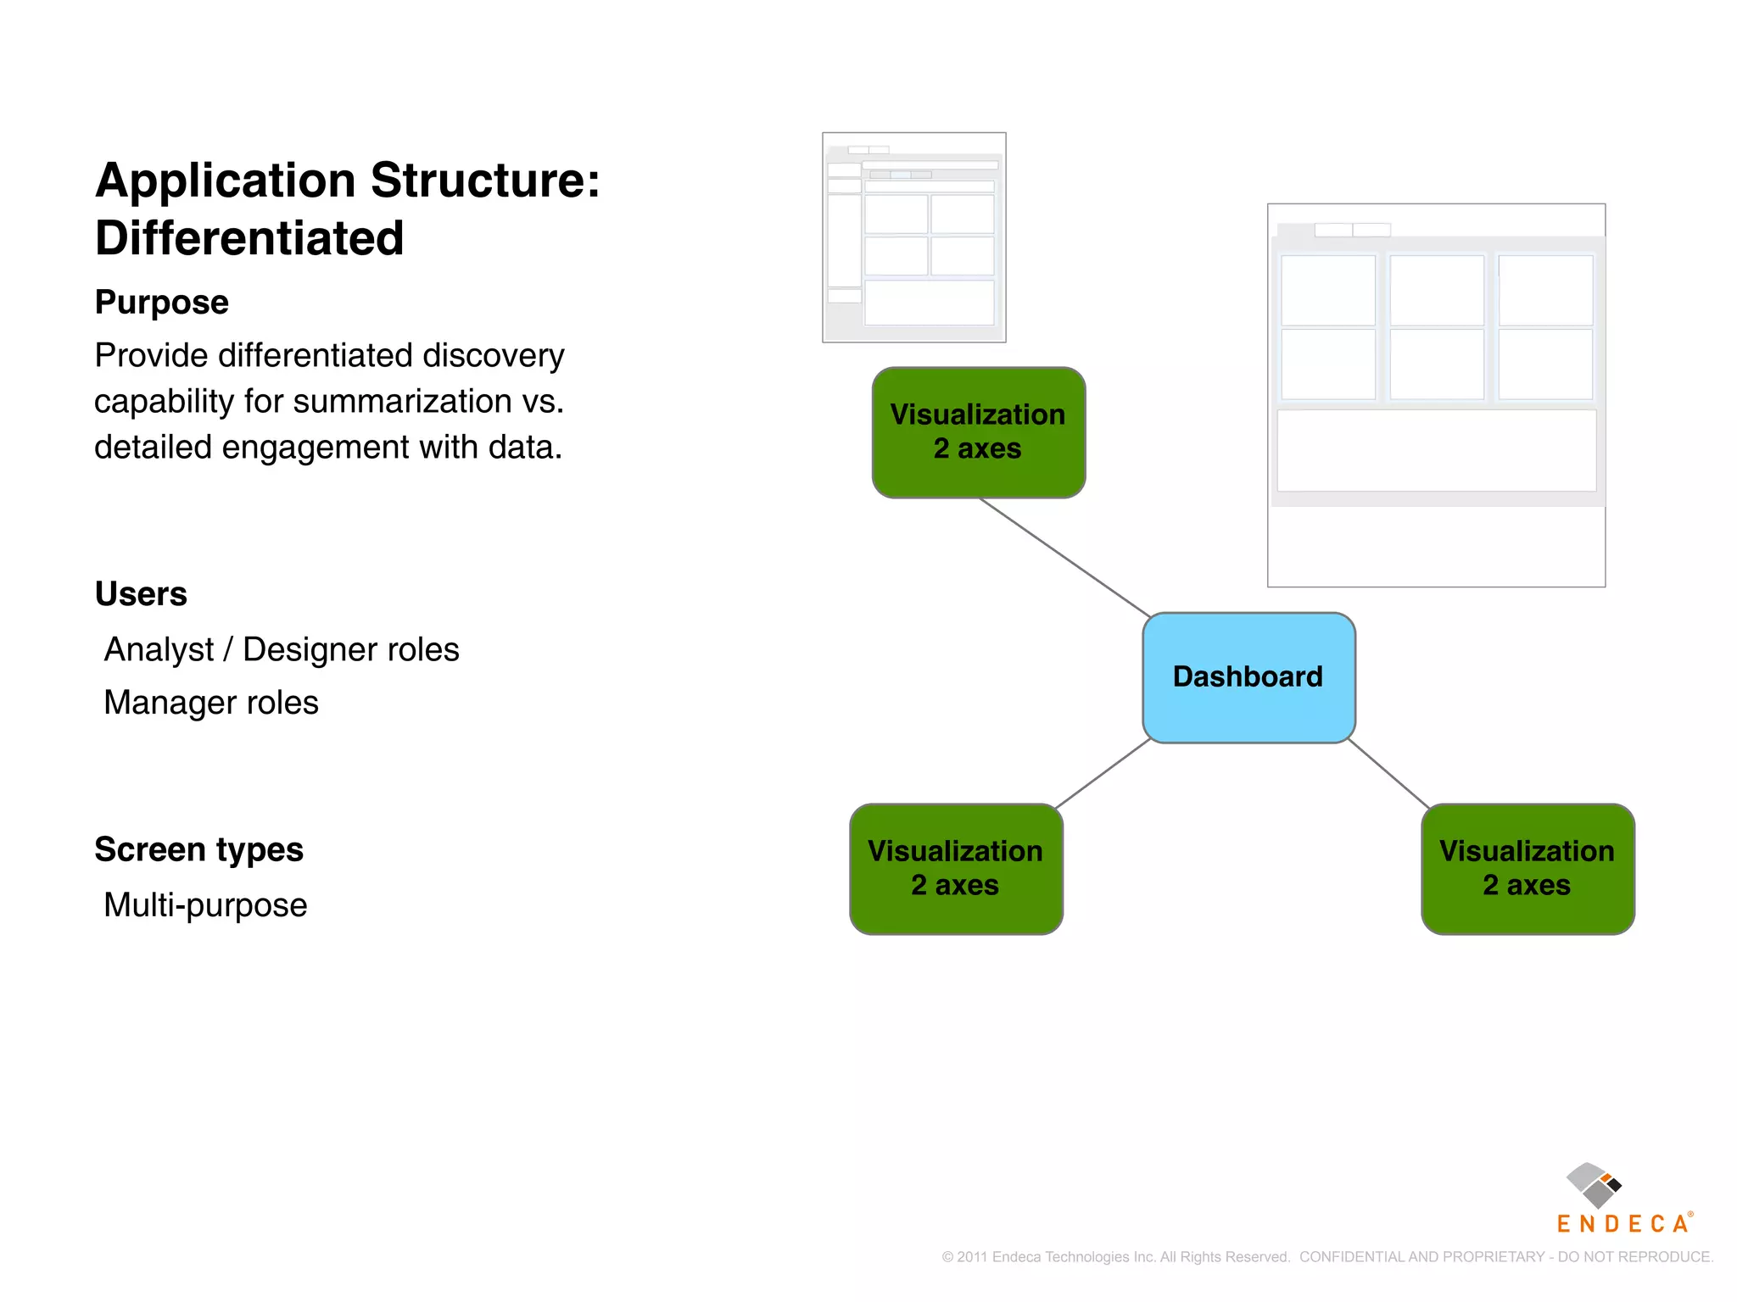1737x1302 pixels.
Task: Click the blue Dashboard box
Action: click(1248, 677)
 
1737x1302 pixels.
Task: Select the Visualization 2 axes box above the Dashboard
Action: click(978, 432)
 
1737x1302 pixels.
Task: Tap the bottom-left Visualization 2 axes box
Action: click(956, 869)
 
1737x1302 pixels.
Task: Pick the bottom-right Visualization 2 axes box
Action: click(1527, 869)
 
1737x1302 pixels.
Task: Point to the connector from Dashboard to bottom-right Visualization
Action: click(1388, 773)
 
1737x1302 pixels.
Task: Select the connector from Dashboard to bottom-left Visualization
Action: click(1103, 773)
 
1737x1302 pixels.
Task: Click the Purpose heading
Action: click(162, 303)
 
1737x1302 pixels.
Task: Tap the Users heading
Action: click(141, 594)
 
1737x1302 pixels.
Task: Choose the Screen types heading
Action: click(198, 849)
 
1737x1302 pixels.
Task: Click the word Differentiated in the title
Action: click(249, 238)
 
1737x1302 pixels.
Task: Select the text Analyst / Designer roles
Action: click(281, 650)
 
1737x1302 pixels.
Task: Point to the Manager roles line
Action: click(210, 703)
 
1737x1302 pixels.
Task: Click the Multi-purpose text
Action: click(205, 905)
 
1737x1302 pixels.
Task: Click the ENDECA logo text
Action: click(1622, 1224)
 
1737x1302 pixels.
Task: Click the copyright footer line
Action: click(1326, 1257)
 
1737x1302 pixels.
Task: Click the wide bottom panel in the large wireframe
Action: click(1436, 451)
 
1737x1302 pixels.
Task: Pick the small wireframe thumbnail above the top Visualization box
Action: click(913, 237)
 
